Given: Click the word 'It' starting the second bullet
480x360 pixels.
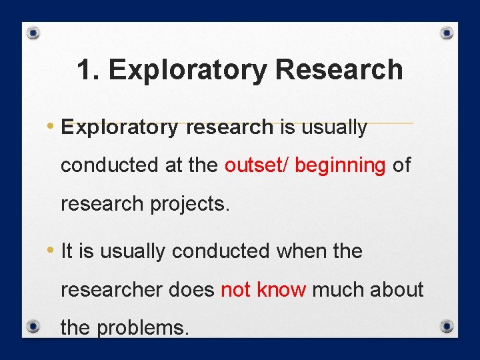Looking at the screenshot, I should [67, 251].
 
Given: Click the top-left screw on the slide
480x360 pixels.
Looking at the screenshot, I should [34, 33].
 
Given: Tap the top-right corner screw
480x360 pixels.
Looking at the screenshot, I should [447, 33].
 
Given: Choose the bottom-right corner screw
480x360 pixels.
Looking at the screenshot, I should [447, 327].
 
